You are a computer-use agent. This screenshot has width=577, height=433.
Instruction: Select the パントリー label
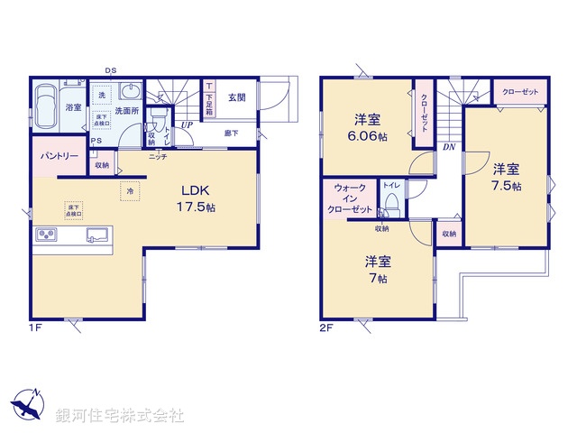[x=57, y=156]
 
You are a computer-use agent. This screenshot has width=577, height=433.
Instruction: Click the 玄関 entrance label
[x=236, y=97]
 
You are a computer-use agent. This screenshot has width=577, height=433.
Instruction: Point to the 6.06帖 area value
[x=369, y=136]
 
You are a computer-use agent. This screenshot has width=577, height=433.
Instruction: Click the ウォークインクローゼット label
[x=350, y=198]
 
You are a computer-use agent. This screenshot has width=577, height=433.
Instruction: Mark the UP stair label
[x=187, y=124]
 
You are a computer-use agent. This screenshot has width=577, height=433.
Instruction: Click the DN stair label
[x=448, y=147]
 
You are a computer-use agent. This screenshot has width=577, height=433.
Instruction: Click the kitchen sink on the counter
[x=96, y=236]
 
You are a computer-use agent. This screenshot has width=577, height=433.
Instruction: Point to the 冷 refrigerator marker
[x=130, y=191]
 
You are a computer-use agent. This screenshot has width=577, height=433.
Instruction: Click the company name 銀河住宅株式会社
[x=119, y=416]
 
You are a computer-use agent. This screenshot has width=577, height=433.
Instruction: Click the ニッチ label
[x=158, y=156]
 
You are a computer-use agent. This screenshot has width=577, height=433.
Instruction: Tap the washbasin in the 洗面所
[x=132, y=93]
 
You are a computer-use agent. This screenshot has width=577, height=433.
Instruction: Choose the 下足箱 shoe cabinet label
[x=209, y=99]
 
